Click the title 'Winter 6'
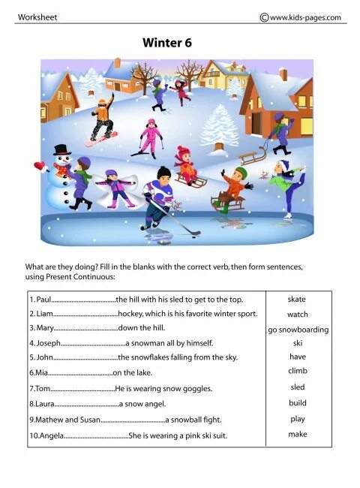click(x=167, y=44)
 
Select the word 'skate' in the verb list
click(x=297, y=300)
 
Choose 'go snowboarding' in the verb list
click(x=298, y=330)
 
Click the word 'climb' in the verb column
click(x=298, y=371)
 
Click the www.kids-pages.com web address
click(x=304, y=17)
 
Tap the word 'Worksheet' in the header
click(x=37, y=17)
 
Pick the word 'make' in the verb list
click(x=298, y=434)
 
